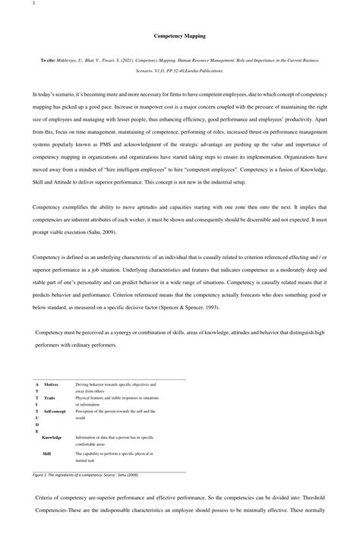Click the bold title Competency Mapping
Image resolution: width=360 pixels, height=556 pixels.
(179, 36)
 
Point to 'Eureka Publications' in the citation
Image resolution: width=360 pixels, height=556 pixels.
(205, 71)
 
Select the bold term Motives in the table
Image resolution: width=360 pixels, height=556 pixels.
(51, 385)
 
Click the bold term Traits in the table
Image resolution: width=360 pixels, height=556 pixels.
(49, 398)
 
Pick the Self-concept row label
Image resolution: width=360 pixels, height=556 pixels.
(55, 411)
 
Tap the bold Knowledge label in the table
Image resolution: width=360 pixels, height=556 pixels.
(52, 438)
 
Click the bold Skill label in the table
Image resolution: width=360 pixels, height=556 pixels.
(46, 453)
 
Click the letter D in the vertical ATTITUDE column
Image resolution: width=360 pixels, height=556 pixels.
(36, 425)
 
